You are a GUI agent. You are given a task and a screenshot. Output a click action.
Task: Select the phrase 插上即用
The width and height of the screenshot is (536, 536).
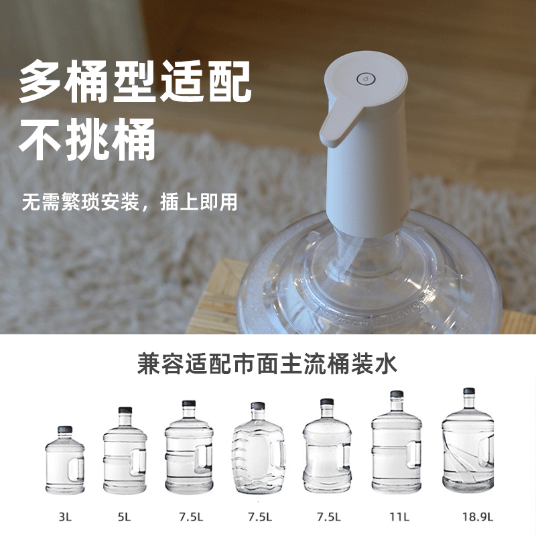[199, 202]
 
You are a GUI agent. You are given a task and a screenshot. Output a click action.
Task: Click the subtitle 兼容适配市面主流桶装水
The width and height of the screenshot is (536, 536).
[267, 365]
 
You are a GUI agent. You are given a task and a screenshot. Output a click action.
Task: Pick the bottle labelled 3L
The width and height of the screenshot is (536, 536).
[64, 462]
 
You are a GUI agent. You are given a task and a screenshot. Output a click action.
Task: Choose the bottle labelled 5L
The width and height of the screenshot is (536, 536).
[125, 452]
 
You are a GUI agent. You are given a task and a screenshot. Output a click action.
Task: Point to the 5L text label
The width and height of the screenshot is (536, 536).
[125, 517]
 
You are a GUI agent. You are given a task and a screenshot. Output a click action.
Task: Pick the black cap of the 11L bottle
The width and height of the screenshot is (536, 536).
[397, 395]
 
